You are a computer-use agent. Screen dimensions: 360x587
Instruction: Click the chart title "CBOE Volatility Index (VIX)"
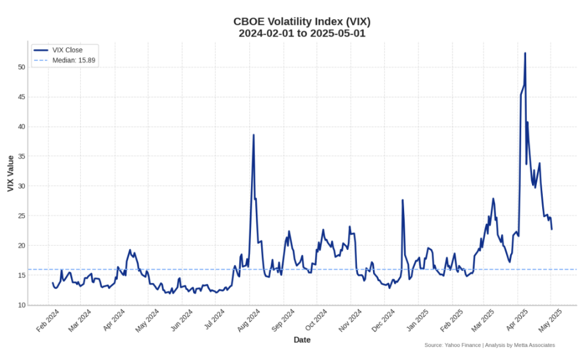302,22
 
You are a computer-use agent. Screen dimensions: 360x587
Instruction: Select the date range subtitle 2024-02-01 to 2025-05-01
302,33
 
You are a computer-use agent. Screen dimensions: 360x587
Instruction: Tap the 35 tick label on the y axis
22,156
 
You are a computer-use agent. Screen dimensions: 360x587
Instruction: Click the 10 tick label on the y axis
22,305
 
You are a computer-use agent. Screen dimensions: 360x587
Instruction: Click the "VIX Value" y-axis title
10,173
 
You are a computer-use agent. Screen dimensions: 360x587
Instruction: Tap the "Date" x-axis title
302,340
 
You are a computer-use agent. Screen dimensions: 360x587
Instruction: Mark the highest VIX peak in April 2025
525,53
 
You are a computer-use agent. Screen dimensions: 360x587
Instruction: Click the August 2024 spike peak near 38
253,135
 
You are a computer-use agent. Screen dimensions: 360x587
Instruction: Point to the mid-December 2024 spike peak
402,200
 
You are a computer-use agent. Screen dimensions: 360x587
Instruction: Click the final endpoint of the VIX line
552,229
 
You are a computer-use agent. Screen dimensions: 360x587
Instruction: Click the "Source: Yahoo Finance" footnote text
490,345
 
